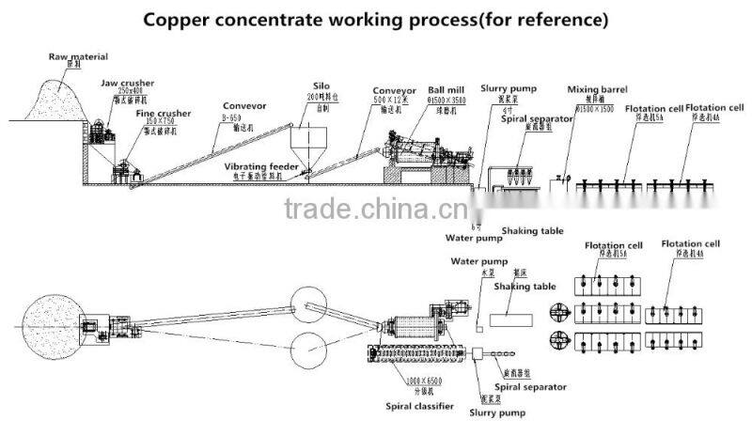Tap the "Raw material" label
78,57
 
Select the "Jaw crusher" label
127,83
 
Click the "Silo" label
321,86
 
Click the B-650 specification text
233,119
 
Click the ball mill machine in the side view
422,155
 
